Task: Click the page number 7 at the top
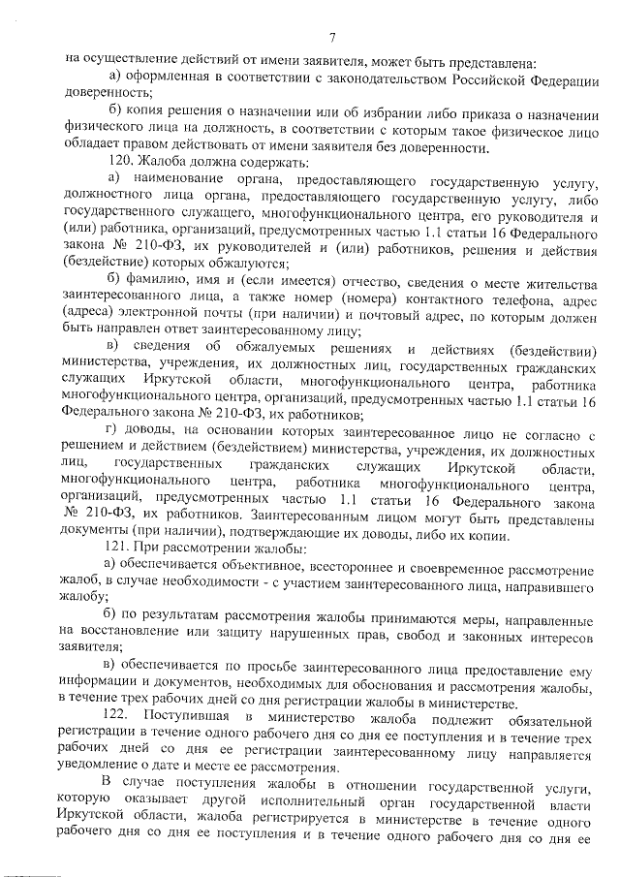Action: (331, 37)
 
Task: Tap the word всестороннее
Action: (387, 565)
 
